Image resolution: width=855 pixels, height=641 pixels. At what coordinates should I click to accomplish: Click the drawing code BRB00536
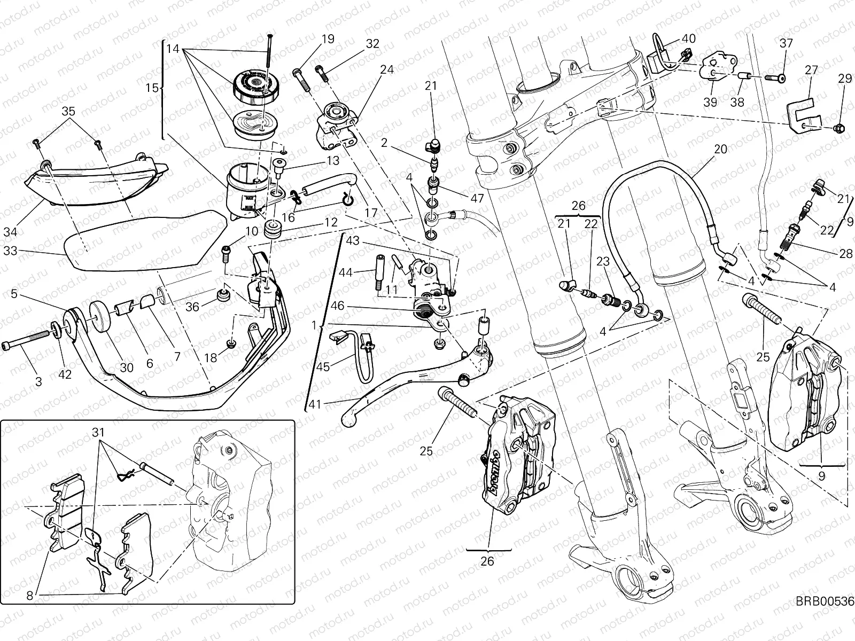[824, 616]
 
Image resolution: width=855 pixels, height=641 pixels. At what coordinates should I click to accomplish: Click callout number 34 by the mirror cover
[25, 232]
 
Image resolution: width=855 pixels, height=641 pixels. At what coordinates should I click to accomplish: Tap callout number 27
[811, 71]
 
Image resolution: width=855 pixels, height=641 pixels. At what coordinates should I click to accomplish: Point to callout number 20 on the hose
[720, 149]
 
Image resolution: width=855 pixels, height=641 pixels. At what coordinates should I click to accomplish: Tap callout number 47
[477, 198]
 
